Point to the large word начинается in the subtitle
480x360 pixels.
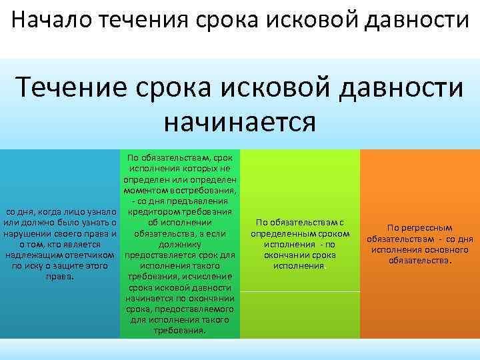(239, 121)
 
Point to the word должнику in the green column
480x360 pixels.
(180, 244)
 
